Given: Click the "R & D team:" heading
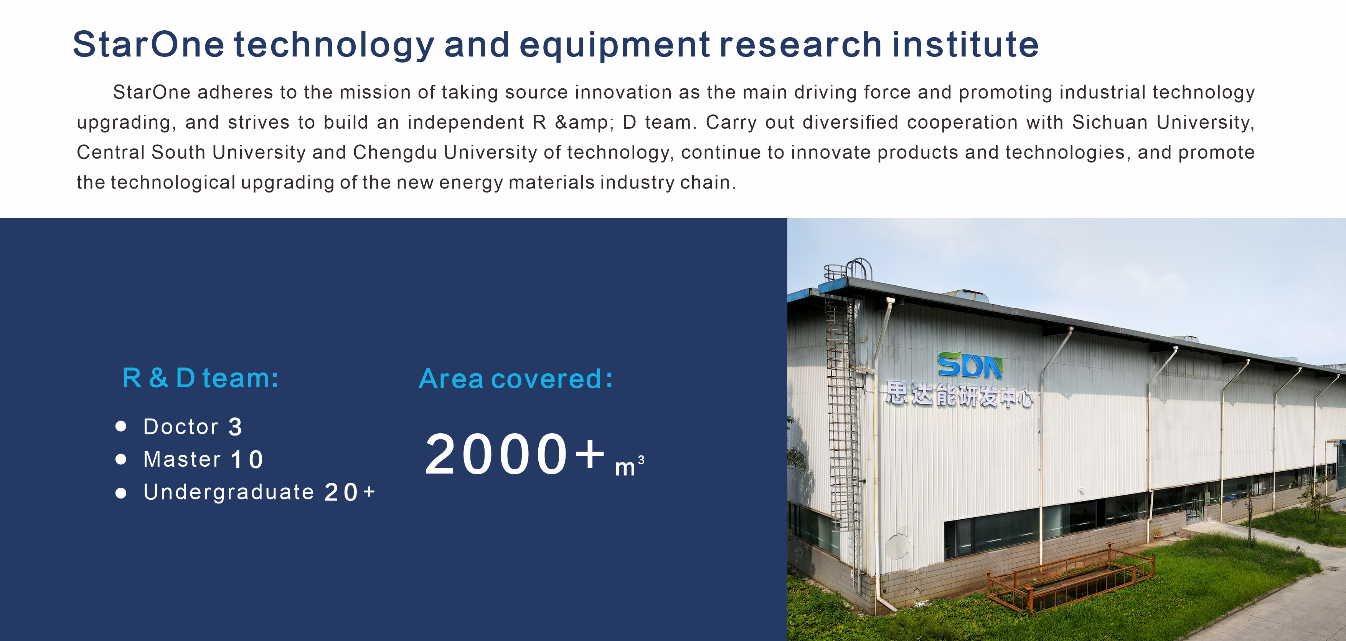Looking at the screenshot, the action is pos(200,378).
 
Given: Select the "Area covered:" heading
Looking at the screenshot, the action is pos(516,379).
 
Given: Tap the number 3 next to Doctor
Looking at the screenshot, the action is pos(235,427).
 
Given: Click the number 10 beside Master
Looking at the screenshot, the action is pos(247,460).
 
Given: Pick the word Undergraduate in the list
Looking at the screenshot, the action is pos(229,492).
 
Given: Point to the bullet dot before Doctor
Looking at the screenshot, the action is pos(121,426).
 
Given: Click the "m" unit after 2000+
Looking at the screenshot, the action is pos(625,467).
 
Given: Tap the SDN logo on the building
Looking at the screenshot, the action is pos(970,365).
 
